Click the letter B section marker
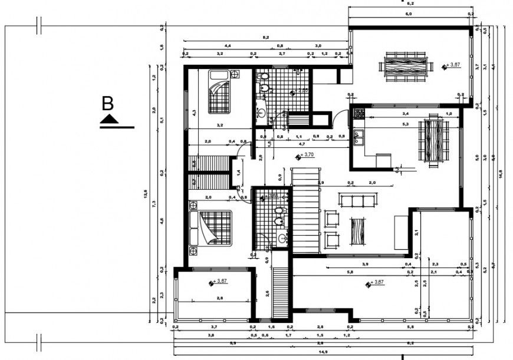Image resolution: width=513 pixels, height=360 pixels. coord(107,104)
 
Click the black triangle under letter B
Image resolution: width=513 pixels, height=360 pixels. coord(109,120)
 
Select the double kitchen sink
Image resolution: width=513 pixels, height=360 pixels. coord(357,139)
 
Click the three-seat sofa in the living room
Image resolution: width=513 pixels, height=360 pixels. coord(356,201)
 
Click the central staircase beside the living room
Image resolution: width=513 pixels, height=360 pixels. coord(306,210)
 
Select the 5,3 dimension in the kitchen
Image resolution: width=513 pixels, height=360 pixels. coord(405,124)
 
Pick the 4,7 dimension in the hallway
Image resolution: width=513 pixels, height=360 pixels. coord(302,144)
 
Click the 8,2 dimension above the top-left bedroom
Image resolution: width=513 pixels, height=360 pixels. coord(266,38)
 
